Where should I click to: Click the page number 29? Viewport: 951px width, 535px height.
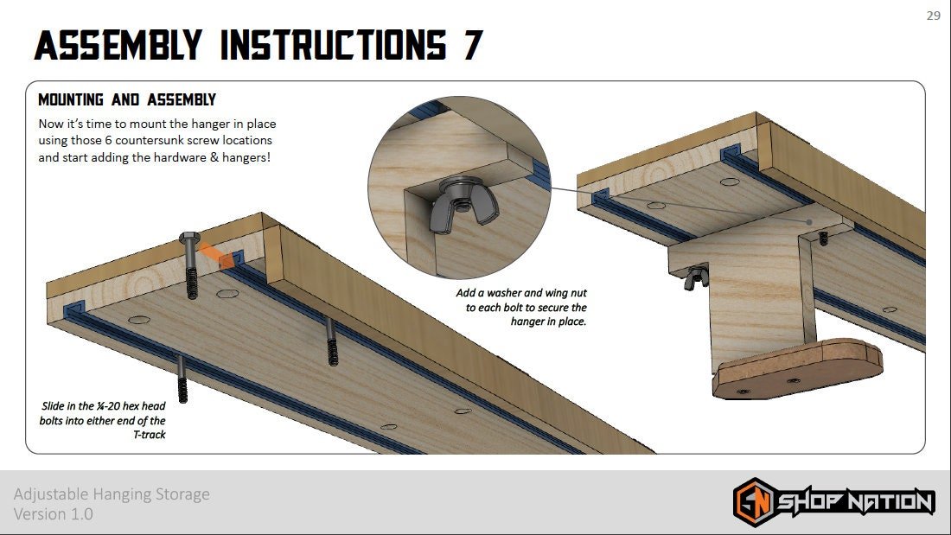(933, 16)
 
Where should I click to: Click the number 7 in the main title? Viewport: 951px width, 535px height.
(472, 45)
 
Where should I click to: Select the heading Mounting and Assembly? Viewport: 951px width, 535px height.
(127, 100)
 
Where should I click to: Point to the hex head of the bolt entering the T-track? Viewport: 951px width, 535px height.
(190, 239)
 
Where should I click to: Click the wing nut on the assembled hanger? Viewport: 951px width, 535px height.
(693, 278)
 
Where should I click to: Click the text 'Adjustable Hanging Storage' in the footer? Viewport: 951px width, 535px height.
(112, 494)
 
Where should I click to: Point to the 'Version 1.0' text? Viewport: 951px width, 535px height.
(54, 514)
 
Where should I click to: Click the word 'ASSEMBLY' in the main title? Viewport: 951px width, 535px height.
(117, 45)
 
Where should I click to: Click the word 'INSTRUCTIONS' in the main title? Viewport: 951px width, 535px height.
(333, 45)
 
